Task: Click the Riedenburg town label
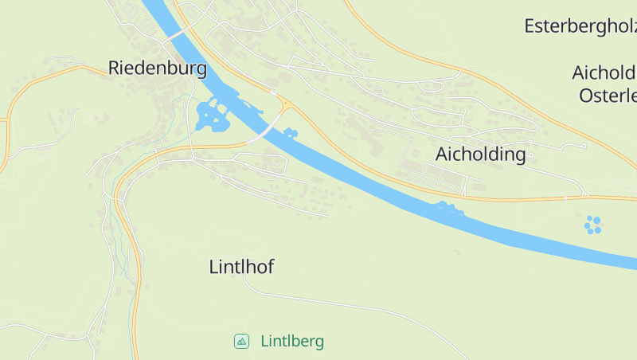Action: tap(157, 68)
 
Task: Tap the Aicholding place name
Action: tap(481, 154)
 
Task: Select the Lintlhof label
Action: tap(241, 267)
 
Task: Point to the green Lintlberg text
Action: tap(292, 342)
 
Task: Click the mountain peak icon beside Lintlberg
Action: tap(241, 341)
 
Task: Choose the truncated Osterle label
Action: tap(608, 96)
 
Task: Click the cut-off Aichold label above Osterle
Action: tap(604, 72)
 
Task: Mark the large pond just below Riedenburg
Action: tap(211, 117)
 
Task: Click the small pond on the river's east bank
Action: tap(290, 132)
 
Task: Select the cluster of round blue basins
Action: tap(593, 225)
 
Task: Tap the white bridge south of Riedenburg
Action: tap(268, 126)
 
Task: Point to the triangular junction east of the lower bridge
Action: tap(283, 104)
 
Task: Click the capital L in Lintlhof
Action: tap(213, 267)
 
